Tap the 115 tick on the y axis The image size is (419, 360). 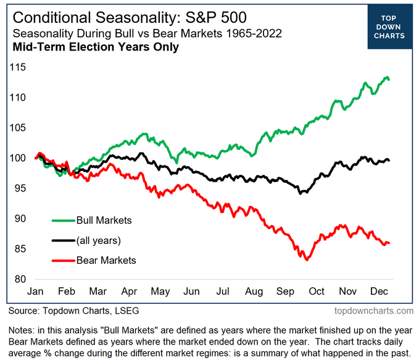point(17,67)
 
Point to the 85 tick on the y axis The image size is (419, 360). point(19,249)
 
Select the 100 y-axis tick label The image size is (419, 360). point(17,158)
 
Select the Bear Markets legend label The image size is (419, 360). point(106,261)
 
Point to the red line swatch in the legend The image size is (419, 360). point(62,261)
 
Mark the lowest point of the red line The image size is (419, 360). point(306,259)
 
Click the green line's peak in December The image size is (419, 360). point(386,77)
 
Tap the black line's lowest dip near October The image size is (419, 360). point(301,193)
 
